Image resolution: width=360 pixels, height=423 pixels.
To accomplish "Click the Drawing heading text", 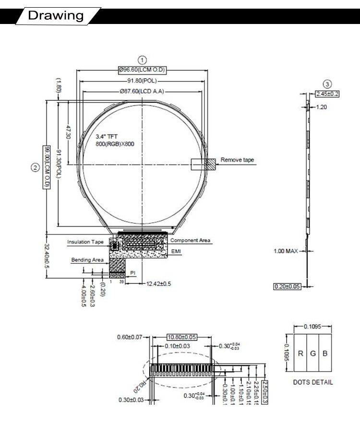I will pos(56,15).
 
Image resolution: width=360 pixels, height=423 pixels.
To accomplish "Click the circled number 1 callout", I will pos(142,60).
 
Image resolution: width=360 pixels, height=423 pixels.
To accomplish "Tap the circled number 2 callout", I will pos(35,167).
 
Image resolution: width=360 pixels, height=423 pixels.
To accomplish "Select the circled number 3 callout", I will pos(328,83).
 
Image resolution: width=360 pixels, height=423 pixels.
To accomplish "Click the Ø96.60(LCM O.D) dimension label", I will pos(142,70).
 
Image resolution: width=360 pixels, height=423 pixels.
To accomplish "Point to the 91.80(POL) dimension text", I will pos(142,81).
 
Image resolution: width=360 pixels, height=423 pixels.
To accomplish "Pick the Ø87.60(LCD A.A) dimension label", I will pos(142,91).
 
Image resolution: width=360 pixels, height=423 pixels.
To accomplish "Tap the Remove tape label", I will pos(237,160).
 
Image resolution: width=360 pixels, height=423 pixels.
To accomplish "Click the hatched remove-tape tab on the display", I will pos(211,164).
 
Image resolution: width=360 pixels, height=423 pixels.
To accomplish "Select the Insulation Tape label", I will pos(85,242).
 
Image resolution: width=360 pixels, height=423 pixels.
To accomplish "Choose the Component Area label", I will pos(190,241).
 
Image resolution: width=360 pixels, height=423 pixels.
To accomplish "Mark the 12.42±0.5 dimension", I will pos(158,283).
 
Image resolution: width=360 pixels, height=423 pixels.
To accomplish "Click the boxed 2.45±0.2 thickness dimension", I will pos(327,94).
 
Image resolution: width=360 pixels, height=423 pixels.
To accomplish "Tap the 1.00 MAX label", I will pos(286,251).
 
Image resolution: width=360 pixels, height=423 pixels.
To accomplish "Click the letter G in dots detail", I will pos(312,353).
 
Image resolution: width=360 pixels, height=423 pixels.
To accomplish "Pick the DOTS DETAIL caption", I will pos(313,382).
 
